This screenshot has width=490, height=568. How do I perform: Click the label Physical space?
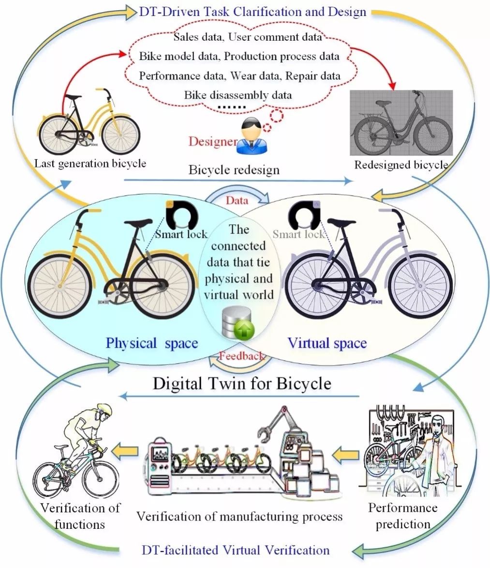(152, 343)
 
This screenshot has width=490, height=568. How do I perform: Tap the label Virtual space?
(327, 343)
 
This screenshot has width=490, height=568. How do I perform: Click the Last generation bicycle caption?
(90, 163)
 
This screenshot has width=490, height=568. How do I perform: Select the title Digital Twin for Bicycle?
(242, 384)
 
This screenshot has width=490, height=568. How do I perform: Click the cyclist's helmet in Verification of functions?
(104, 409)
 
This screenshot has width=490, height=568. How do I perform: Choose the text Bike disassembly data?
(238, 94)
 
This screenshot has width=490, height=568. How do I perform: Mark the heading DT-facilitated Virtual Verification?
(236, 550)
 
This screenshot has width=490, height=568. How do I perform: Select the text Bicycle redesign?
(234, 170)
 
